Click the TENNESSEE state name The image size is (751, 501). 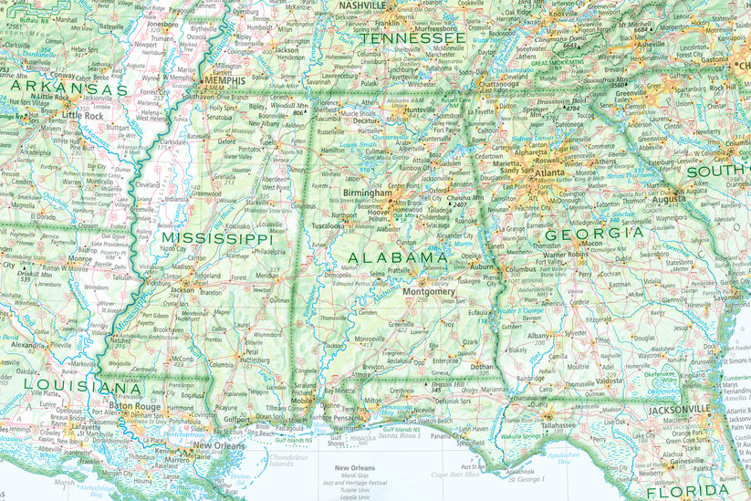click(x=412, y=39)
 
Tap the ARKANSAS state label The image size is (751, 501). click(x=69, y=89)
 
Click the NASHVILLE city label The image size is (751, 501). click(x=361, y=5)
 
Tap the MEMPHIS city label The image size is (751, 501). click(x=224, y=80)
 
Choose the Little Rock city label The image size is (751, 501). click(x=83, y=117)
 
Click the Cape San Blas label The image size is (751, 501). click(x=454, y=474)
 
